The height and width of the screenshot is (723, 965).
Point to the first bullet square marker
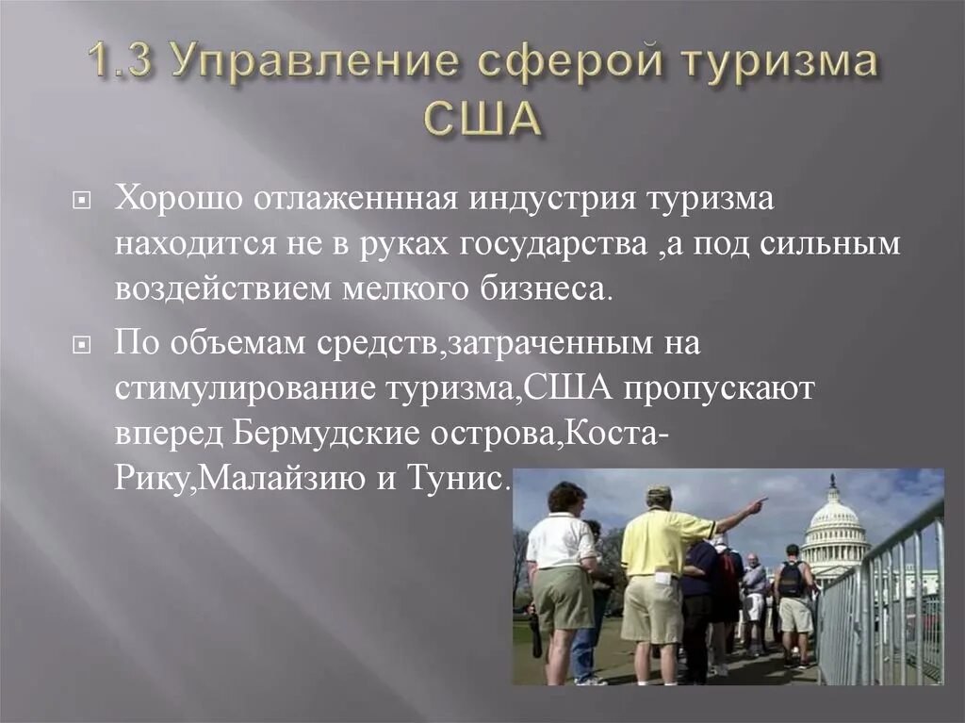point(82,202)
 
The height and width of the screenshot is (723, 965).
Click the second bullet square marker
point(82,346)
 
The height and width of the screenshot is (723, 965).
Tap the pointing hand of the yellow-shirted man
point(757,504)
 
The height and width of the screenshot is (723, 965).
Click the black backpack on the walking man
point(790,580)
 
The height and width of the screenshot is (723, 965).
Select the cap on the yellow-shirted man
point(659,493)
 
